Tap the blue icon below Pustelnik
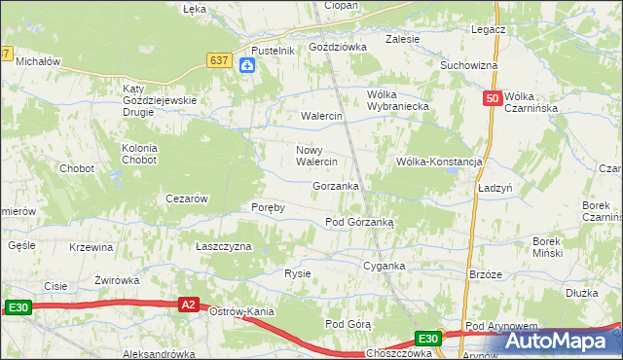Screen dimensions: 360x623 point(248,65)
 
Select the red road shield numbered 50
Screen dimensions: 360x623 point(493,98)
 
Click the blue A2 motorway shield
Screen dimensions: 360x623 point(190,305)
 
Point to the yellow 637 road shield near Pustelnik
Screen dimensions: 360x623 point(220,60)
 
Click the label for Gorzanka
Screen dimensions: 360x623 point(336,186)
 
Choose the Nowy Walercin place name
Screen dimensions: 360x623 point(316,156)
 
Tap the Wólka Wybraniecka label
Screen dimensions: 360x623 point(397,101)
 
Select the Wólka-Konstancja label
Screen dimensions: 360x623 point(439,162)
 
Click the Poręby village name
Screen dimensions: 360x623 point(268,208)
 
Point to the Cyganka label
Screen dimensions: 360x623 point(384,266)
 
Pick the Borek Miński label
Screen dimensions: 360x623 point(556,246)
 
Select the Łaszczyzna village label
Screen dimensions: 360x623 point(224,247)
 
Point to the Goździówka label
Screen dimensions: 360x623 point(337,46)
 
